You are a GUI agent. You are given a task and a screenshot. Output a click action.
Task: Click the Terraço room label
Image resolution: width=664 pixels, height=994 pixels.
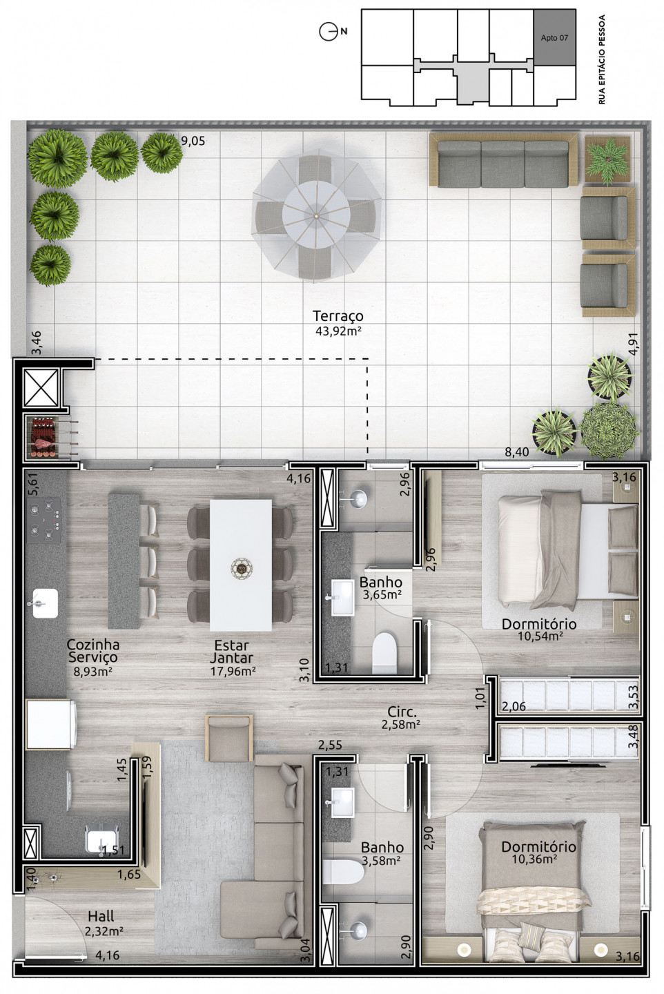tap(338, 316)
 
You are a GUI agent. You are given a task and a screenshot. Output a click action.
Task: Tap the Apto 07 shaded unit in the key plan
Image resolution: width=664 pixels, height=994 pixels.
tap(554, 38)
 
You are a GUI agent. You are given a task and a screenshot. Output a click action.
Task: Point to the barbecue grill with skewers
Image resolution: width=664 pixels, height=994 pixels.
tap(52, 437)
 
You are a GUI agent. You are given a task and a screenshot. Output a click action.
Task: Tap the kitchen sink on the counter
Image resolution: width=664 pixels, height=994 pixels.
tap(43, 603)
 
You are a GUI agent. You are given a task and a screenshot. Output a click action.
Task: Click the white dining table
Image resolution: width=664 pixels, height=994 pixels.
tap(241, 565)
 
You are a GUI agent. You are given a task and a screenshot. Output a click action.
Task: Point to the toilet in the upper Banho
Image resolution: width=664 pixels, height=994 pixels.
tap(383, 652)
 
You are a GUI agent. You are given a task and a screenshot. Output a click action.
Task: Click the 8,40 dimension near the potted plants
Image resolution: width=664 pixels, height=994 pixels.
tap(517, 451)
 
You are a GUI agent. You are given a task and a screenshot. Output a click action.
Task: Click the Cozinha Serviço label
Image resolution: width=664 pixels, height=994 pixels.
tap(92, 650)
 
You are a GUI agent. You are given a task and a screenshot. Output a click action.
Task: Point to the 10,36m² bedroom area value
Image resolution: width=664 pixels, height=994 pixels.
tap(534, 859)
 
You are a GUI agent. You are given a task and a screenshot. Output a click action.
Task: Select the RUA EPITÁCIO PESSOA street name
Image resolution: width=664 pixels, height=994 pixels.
tap(602, 59)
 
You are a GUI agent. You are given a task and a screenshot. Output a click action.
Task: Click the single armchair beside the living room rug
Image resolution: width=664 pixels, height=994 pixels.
tap(229, 738)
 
